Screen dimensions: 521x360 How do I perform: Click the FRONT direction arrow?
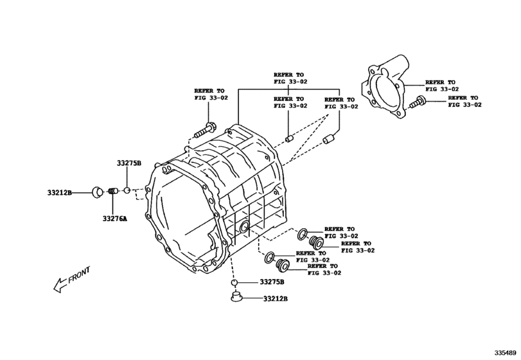click(72, 280)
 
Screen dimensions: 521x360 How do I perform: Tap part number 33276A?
click(114, 219)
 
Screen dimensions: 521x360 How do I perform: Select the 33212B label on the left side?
click(60, 192)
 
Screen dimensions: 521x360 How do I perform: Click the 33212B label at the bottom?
click(276, 298)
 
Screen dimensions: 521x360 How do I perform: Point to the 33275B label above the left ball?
click(129, 163)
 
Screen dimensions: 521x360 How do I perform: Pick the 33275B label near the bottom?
click(272, 282)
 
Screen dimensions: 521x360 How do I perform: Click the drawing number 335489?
click(506, 353)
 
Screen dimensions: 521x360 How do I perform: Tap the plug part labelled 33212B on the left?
click(98, 192)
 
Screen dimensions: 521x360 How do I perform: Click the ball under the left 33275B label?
click(127, 190)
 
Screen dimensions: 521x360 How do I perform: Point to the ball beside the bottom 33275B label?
click(234, 283)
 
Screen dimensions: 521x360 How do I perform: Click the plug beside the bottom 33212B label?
click(236, 296)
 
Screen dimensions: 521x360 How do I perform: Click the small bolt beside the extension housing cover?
click(418, 102)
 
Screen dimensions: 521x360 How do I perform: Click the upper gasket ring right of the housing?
click(303, 235)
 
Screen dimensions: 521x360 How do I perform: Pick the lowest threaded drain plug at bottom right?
click(283, 264)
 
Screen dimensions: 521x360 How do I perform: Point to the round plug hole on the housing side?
click(244, 227)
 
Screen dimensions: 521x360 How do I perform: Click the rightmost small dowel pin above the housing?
click(329, 139)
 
